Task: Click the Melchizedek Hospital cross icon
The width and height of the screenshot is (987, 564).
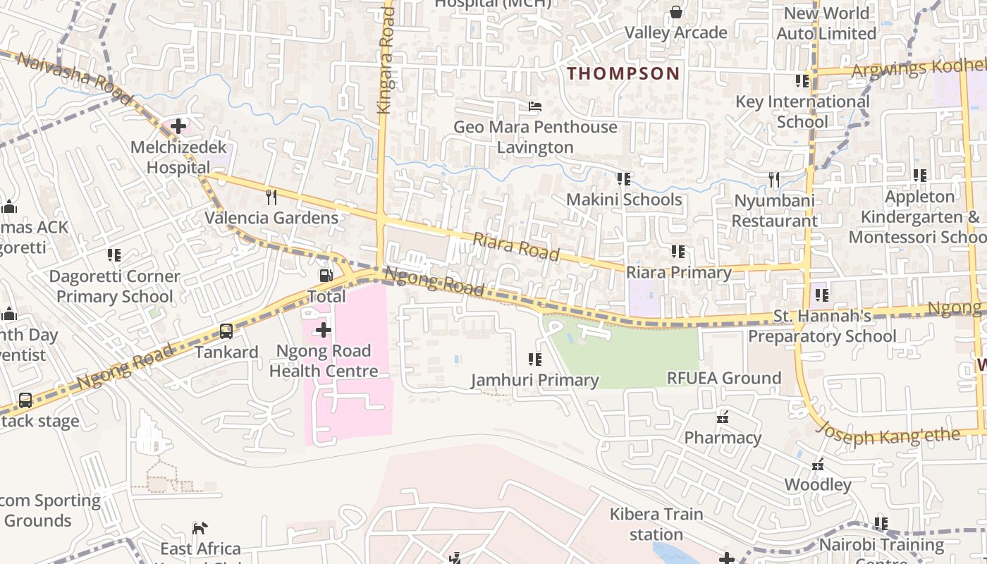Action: click(x=178, y=127)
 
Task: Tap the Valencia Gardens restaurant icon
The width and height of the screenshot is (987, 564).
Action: click(x=271, y=196)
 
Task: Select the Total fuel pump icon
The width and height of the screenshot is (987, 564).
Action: click(x=326, y=276)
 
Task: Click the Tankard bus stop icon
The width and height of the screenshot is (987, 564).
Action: click(x=226, y=331)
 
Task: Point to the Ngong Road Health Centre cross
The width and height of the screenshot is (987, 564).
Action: click(x=324, y=329)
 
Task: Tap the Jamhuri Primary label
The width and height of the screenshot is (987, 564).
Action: click(x=534, y=381)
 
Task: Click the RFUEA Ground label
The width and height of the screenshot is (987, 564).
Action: click(x=724, y=378)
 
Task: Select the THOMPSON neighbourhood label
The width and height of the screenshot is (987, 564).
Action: click(x=623, y=73)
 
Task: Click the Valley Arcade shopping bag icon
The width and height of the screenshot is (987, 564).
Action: click(x=675, y=11)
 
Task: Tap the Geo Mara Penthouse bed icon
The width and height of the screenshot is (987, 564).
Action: click(x=535, y=106)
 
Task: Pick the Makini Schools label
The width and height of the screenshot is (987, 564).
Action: click(x=624, y=200)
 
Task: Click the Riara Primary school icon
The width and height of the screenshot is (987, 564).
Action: click(x=678, y=251)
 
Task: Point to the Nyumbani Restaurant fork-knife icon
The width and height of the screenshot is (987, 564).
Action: click(x=774, y=180)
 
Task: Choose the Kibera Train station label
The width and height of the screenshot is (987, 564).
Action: click(x=656, y=524)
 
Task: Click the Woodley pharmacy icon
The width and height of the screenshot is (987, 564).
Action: click(x=818, y=465)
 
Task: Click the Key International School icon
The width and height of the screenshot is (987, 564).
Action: click(x=802, y=81)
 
